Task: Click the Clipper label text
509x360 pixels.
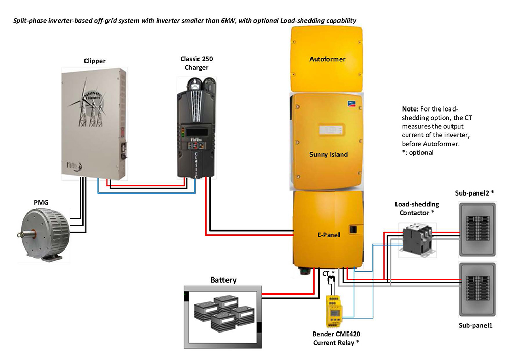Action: tap(95, 61)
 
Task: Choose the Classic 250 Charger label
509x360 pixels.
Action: tap(196, 63)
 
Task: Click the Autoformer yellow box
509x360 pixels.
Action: tap(327, 59)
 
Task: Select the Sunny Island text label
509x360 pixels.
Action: tap(328, 154)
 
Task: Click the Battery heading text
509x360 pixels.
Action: tap(223, 280)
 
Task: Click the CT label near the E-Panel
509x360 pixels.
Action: tap(327, 274)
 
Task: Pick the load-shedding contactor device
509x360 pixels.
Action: tap(416, 236)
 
